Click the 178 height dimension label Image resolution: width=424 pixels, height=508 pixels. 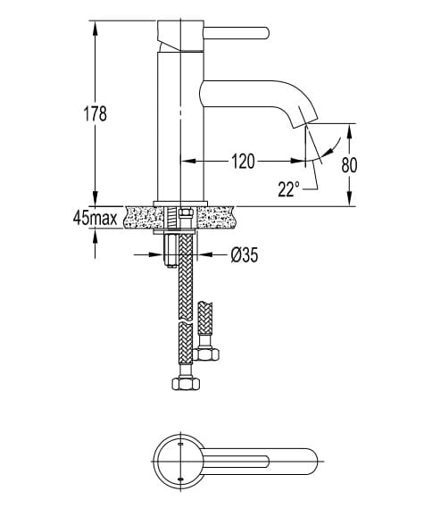[96, 113]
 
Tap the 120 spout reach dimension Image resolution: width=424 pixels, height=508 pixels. [243, 161]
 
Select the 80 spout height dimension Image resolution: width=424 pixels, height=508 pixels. [349, 165]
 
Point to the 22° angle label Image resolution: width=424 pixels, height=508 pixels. [288, 189]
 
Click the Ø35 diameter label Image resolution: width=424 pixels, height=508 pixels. [245, 255]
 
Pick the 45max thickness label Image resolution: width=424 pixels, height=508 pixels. [96, 218]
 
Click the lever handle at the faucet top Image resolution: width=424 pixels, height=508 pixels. [237, 33]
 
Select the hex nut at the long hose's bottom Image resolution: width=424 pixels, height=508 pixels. [186, 384]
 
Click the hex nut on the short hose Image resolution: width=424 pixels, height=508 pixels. [206, 354]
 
